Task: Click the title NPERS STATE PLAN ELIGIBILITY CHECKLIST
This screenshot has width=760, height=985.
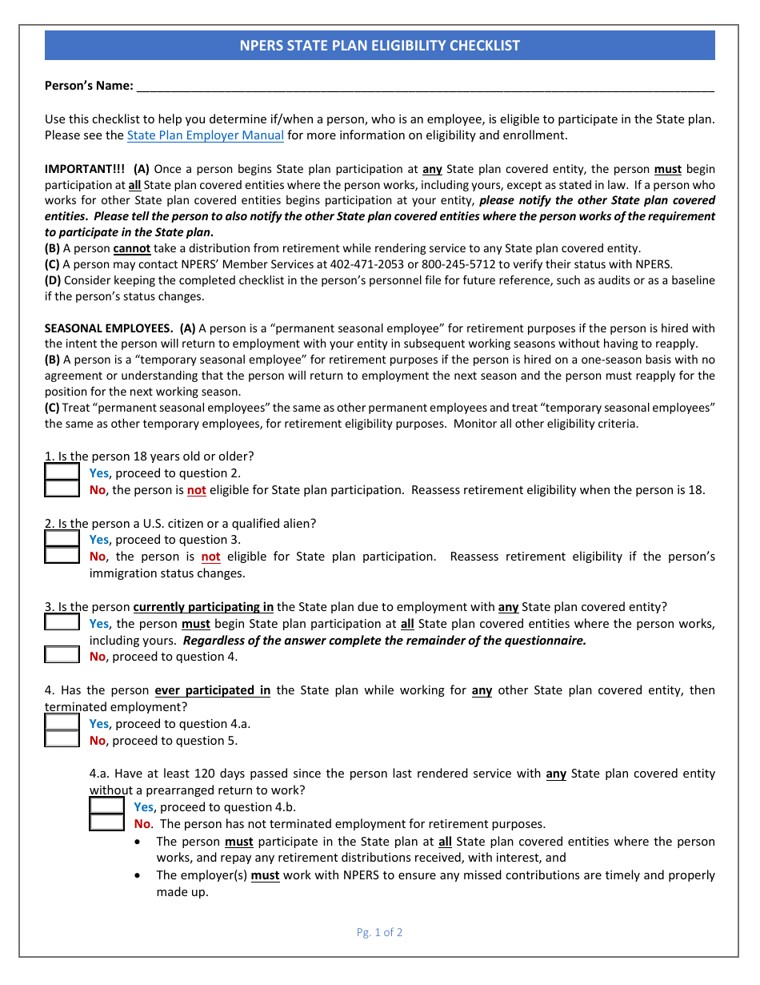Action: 379,46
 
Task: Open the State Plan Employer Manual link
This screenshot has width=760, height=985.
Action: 206,135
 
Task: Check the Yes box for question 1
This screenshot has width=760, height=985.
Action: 62,472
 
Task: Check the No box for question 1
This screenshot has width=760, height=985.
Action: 62,489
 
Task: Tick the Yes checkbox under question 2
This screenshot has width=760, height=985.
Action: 62,539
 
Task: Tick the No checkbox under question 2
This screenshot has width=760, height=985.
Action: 62,556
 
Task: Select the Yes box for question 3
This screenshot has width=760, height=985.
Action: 62,623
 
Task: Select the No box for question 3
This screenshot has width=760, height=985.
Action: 62,656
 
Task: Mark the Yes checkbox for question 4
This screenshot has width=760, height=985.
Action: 62,723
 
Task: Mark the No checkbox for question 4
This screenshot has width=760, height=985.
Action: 62,740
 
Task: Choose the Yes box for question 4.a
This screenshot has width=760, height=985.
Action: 106,806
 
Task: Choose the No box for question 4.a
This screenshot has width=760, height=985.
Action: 106,823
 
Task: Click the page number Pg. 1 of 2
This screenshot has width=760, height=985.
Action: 379,932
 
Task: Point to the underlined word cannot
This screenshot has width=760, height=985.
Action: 131,248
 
